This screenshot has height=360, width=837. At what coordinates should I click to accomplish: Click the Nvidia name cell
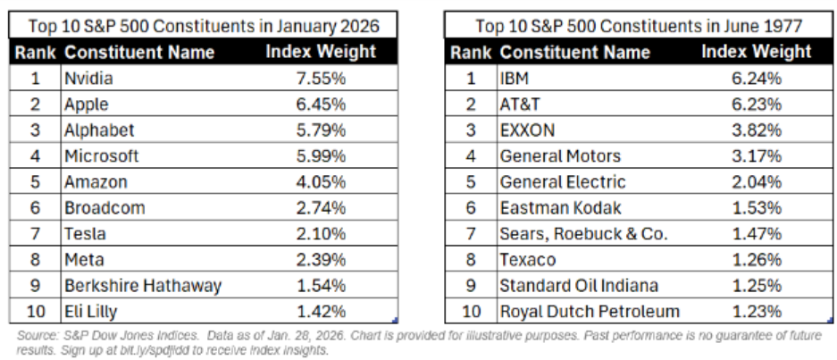[x=88, y=79]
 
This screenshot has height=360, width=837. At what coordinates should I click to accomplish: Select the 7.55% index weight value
[x=321, y=79]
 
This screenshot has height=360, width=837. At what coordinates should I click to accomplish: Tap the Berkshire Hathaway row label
[x=142, y=286]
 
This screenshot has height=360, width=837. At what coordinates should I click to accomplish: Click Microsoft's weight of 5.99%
[x=321, y=156]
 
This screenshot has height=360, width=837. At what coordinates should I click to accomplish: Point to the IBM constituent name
[x=516, y=79]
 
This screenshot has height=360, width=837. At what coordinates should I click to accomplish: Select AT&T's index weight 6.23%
[x=756, y=105]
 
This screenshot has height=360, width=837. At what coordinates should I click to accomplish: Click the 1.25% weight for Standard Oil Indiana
[x=756, y=286]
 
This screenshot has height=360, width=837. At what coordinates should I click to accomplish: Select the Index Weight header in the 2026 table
[x=321, y=52]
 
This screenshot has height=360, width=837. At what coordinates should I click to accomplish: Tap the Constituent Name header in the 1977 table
[x=575, y=52]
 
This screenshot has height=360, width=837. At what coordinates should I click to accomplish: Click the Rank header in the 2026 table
[x=36, y=52]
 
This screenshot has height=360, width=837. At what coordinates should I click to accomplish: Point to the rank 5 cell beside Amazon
[x=36, y=182]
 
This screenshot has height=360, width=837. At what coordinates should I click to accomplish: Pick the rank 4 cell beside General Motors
[x=471, y=156]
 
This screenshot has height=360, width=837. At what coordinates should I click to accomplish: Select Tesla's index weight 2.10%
[x=321, y=234]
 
